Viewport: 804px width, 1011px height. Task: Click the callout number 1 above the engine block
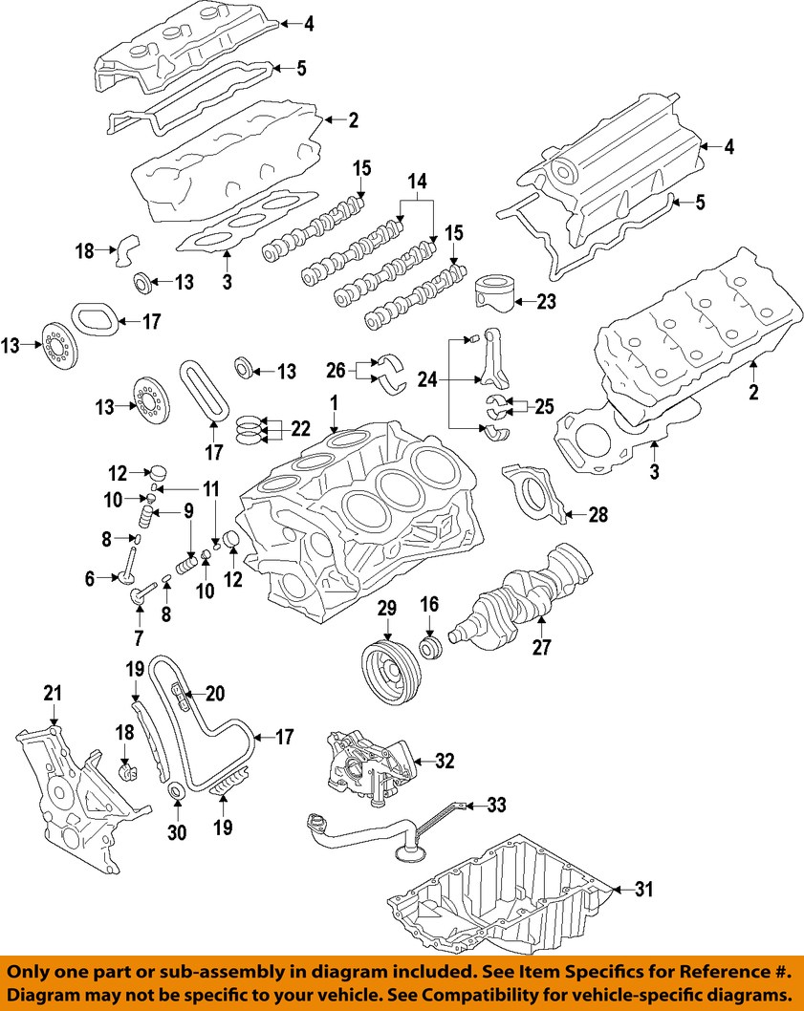(335, 404)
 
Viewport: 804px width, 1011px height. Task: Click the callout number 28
(598, 516)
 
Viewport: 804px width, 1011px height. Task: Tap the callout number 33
(497, 806)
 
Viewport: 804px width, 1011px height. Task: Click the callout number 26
(336, 370)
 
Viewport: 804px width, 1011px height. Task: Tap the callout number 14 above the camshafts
(416, 182)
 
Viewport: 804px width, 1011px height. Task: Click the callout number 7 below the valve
(139, 637)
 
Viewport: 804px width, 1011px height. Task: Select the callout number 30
(176, 832)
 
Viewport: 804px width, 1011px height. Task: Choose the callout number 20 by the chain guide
(213, 694)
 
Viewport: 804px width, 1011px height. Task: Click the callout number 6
(90, 578)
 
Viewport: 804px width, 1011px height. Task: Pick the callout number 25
(544, 406)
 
